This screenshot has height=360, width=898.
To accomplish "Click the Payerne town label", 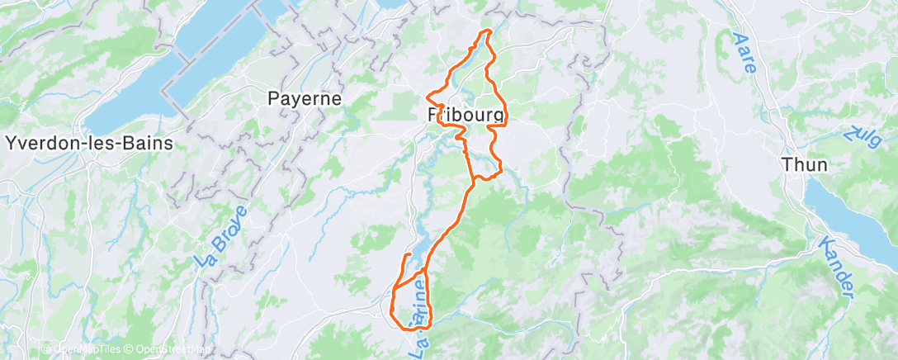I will click(x=305, y=97).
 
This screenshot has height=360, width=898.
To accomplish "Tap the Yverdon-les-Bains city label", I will click(x=89, y=143).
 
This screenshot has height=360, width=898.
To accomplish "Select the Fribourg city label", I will click(x=466, y=116).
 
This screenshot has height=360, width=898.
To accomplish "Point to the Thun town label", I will click(x=805, y=164).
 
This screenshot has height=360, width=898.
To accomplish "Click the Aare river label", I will click(x=744, y=52).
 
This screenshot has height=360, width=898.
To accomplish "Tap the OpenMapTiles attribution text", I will click(x=83, y=349).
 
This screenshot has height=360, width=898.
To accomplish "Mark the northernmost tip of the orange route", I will click(x=487, y=31).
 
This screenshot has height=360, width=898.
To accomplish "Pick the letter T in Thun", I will click(x=787, y=164).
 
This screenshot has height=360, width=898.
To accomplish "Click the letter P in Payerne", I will click(x=273, y=97).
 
